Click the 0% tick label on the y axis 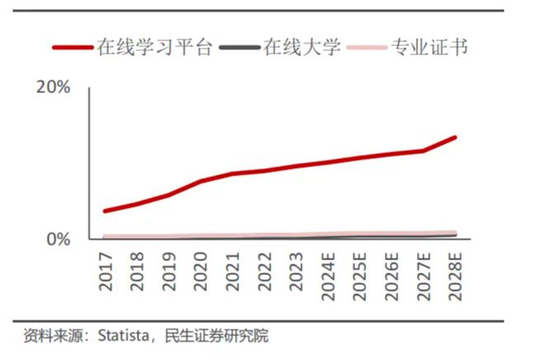tap(59, 239)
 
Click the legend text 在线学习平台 tap(156, 47)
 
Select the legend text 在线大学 tap(302, 47)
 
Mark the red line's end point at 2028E tap(455, 138)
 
